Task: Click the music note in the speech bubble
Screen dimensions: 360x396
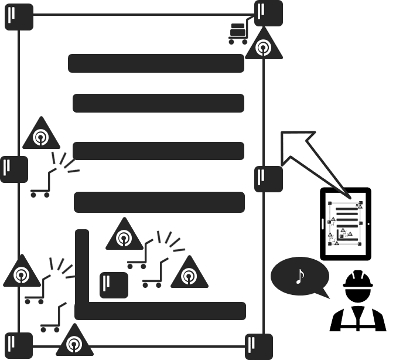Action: pyautogui.click(x=300, y=276)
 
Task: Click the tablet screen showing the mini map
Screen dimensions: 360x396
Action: pyautogui.click(x=345, y=223)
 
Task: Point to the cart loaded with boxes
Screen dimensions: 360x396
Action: pyautogui.click(x=239, y=34)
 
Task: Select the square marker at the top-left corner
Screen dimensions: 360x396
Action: pyautogui.click(x=19, y=16)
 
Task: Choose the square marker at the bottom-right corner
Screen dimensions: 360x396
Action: pyautogui.click(x=258, y=346)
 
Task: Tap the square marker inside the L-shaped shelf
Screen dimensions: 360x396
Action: pyautogui.click(x=114, y=285)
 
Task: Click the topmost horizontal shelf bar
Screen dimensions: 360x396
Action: pyautogui.click(x=156, y=63)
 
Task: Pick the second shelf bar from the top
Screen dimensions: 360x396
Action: pyautogui.click(x=158, y=103)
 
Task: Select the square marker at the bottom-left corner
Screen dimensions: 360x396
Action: pyautogui.click(x=19, y=345)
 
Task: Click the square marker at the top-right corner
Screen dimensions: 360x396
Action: pyautogui.click(x=268, y=13)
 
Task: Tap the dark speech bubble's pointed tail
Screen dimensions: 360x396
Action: pyautogui.click(x=322, y=293)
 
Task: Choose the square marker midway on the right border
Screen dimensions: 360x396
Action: pyautogui.click(x=268, y=179)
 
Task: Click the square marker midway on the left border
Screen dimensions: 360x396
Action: pyautogui.click(x=13, y=169)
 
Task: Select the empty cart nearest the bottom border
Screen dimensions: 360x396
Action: pyautogui.click(x=52, y=320)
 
